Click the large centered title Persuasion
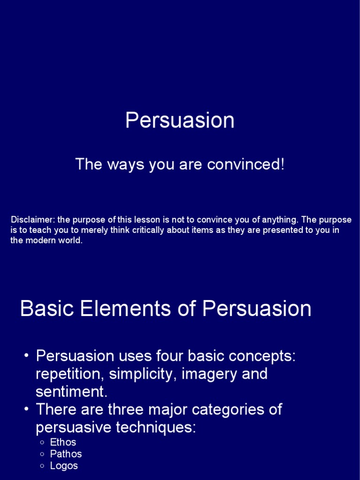[x=180, y=120]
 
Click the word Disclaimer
[x=32, y=220]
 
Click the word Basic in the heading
[x=45, y=309]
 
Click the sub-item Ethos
[x=63, y=442]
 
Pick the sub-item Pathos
[x=66, y=454]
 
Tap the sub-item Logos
[x=64, y=465]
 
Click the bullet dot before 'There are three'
[x=26, y=410]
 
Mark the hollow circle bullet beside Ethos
[x=42, y=442]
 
